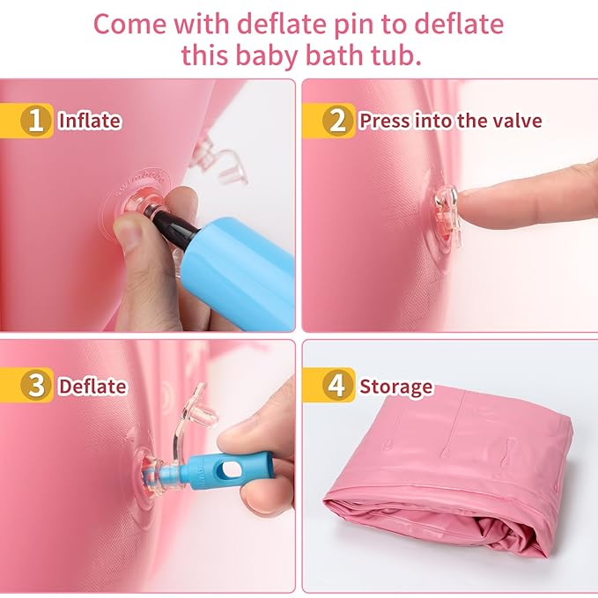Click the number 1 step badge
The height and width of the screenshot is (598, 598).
35,121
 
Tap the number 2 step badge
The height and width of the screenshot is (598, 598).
337,121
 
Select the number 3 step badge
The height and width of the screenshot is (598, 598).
35,386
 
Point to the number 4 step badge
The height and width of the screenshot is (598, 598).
337,386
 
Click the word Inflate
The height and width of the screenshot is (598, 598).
89,121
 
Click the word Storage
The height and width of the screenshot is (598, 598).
395,387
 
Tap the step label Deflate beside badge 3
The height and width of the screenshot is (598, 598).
92,387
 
